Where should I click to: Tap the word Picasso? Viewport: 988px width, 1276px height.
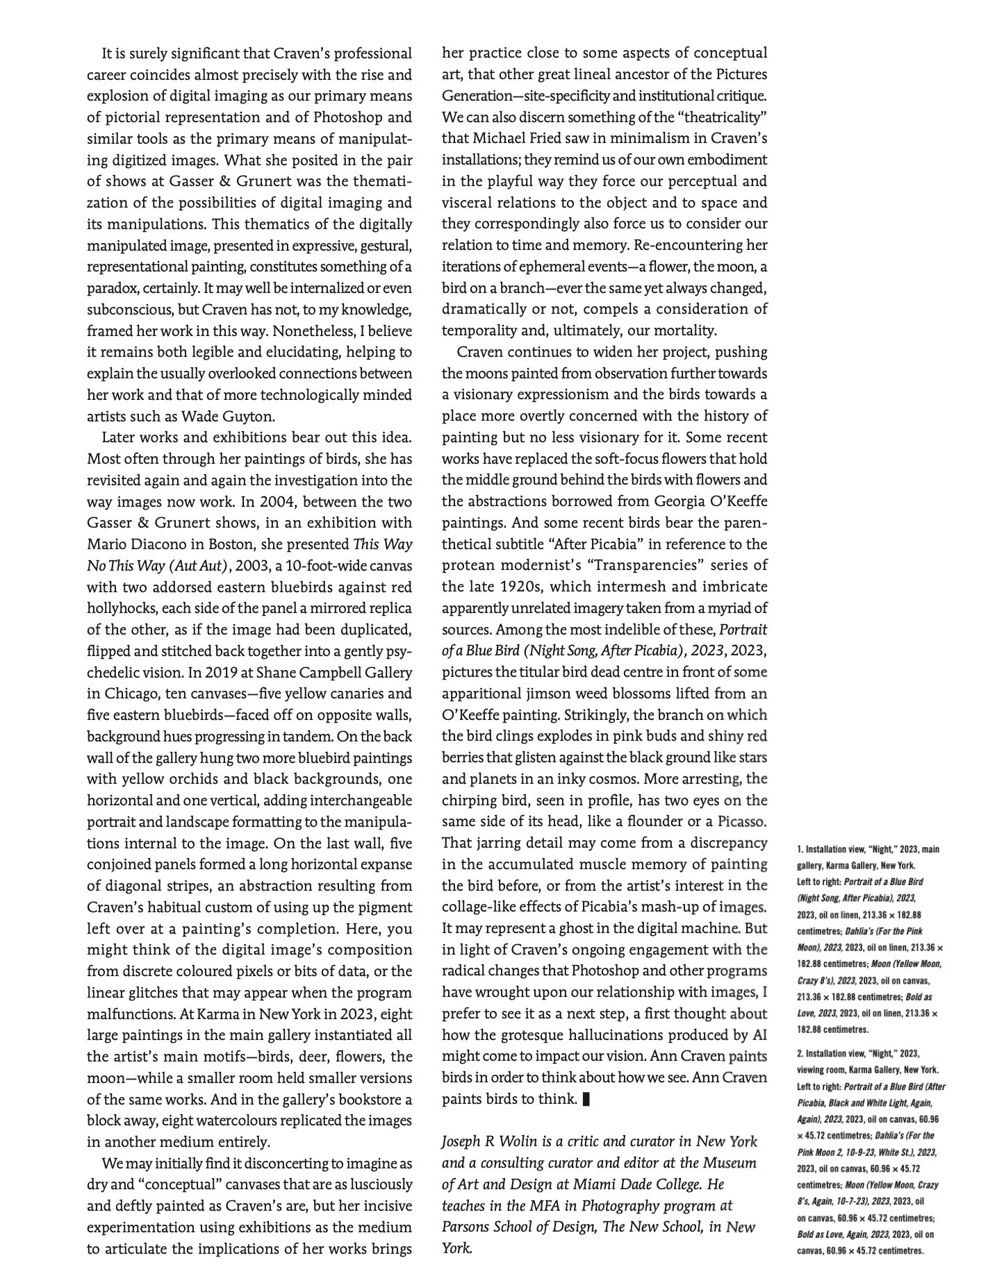click(x=741, y=822)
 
